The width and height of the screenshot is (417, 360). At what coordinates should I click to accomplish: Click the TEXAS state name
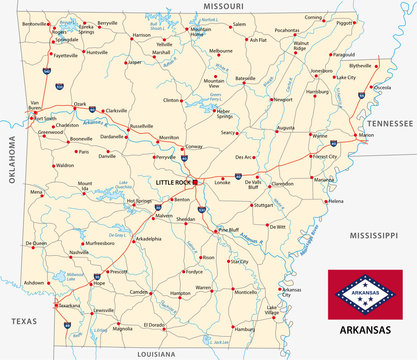(x=23, y=320)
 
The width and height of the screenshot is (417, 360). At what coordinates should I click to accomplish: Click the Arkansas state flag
(x=367, y=293)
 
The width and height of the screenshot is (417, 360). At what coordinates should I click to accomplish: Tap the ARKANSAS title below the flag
(x=367, y=327)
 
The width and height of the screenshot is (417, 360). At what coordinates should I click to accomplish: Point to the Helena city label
(x=335, y=202)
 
